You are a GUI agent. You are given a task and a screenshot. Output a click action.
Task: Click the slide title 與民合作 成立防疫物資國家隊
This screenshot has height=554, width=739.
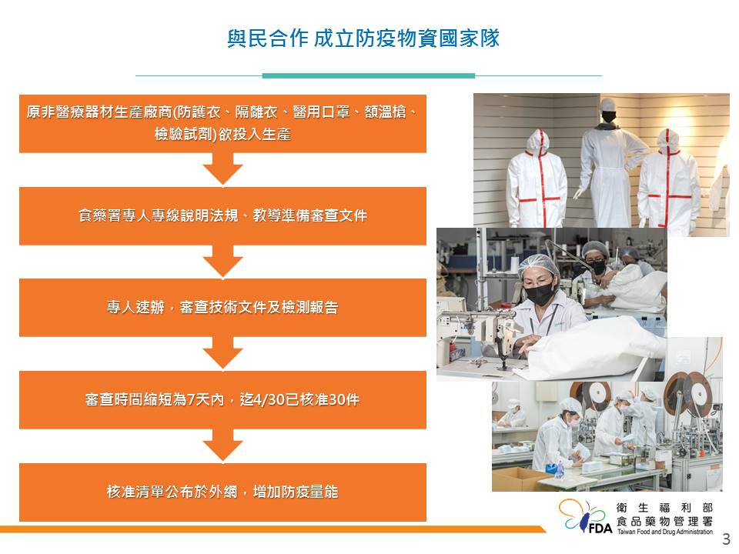tap(363, 38)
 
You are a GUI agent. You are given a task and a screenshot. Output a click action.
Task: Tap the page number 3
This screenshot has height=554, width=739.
tap(726, 539)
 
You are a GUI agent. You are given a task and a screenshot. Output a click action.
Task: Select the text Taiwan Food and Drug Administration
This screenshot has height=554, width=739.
tap(665, 532)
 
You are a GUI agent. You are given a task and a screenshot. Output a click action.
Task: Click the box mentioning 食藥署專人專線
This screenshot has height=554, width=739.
tap(222, 215)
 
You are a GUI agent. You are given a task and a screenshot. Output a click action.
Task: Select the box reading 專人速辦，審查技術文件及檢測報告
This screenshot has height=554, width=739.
tap(222, 308)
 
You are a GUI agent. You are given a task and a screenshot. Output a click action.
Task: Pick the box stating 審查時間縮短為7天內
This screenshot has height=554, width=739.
tap(222, 400)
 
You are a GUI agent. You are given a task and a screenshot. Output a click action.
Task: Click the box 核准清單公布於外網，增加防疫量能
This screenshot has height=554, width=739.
tap(222, 492)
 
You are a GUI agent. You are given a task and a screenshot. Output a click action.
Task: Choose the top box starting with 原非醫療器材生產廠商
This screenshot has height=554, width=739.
tap(222, 123)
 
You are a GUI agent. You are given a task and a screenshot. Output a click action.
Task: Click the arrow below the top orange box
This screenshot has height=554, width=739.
tap(222, 169)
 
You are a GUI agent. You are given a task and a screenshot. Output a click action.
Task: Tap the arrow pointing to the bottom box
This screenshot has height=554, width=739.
tap(222, 446)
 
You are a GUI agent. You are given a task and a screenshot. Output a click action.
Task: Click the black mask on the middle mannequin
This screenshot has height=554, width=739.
tap(609, 116)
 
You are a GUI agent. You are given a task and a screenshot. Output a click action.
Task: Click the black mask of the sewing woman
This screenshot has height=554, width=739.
tap(540, 293)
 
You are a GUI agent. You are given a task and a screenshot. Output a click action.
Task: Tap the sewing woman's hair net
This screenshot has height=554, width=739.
tap(538, 265)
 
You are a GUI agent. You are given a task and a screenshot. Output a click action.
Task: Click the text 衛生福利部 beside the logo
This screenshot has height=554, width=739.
tap(664, 508)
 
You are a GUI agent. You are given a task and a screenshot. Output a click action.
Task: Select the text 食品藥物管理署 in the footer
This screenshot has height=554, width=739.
tap(664, 522)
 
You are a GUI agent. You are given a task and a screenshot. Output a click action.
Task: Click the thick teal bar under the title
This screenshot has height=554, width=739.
tap(369, 75)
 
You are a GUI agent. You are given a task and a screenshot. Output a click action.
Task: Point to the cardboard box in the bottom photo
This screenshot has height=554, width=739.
tap(518, 479)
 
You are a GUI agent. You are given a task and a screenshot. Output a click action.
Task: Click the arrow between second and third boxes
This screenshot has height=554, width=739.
tap(222, 262)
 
